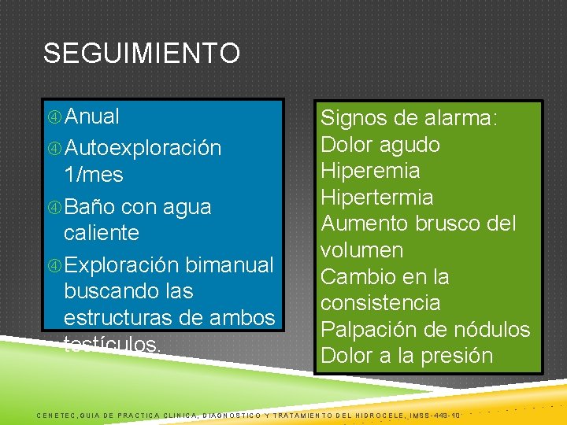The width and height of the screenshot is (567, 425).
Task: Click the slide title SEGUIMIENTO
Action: tap(142, 54)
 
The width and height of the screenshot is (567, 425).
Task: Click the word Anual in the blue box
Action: tap(92, 117)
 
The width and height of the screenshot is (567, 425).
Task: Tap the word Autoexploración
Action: tap(143, 148)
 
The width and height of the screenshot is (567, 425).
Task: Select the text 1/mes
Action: tap(94, 174)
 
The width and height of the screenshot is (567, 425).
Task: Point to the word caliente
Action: tap(101, 233)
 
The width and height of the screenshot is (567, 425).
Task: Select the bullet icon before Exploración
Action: tap(55, 264)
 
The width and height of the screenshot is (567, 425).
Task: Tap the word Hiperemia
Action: tap(369, 171)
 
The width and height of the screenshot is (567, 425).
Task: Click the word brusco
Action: tap(453, 224)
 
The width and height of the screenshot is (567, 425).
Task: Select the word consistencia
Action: tap(380, 303)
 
